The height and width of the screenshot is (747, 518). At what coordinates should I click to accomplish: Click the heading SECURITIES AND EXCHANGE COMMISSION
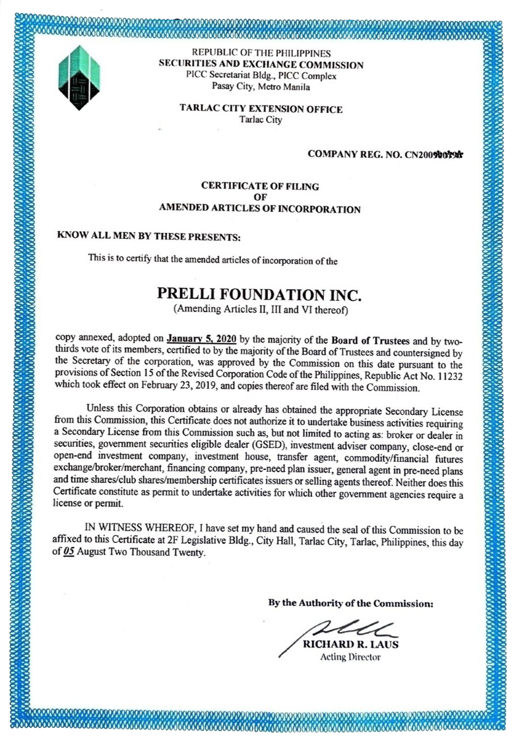coord(261,65)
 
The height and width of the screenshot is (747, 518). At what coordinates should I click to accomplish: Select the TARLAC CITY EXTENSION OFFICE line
coord(261,110)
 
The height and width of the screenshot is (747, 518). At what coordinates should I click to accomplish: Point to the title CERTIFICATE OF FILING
coord(260,186)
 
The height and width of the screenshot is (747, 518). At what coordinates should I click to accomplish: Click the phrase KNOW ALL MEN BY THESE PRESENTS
coord(149,236)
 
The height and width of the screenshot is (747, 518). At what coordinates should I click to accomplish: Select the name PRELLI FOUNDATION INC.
coord(260,293)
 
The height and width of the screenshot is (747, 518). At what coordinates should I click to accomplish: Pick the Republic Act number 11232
coord(449,375)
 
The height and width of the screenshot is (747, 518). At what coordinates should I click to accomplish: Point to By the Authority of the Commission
coord(350,603)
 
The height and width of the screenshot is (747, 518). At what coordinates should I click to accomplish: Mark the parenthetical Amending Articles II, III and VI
coord(260,309)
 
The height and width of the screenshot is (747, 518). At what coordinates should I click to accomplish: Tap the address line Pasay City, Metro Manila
coord(261,86)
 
